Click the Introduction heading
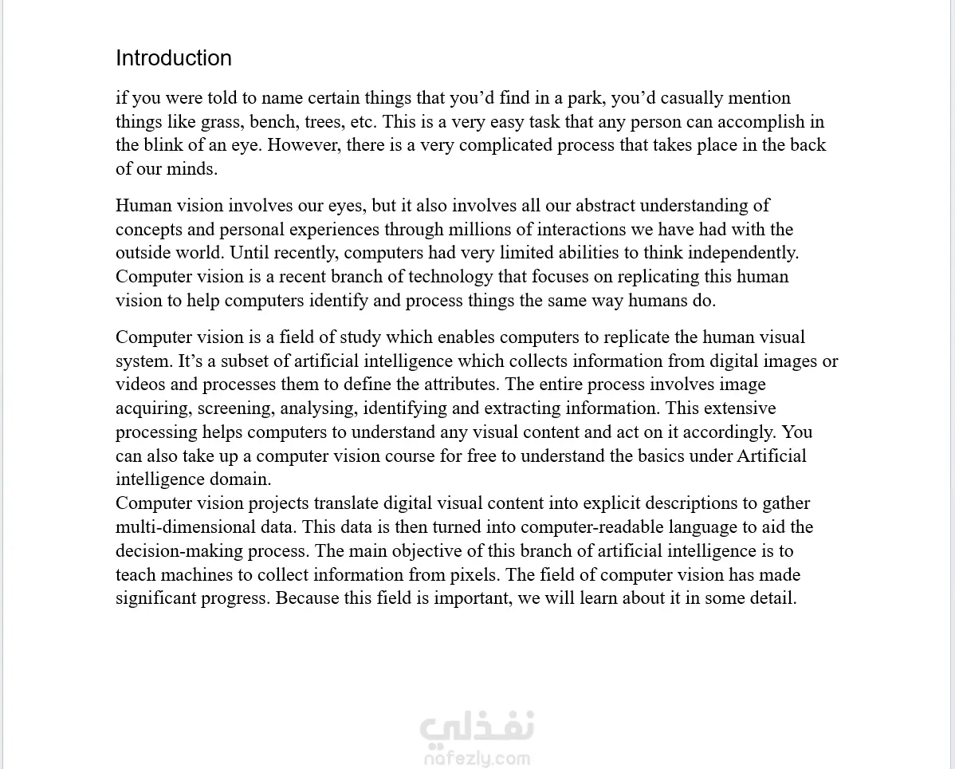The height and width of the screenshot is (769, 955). coord(174,58)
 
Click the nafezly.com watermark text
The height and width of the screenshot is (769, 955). coord(477,758)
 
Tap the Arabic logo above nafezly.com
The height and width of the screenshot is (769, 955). coord(477,727)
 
